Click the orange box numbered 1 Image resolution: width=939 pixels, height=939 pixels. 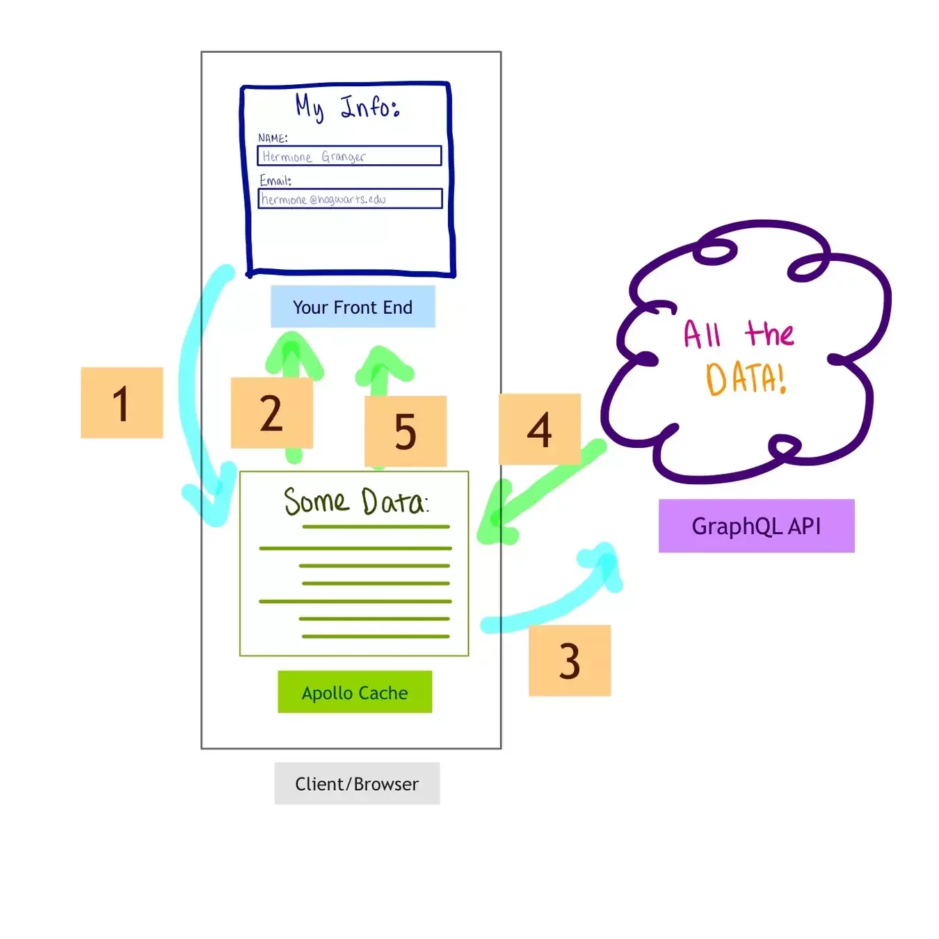(x=121, y=403)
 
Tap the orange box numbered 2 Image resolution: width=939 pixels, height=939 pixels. (x=271, y=412)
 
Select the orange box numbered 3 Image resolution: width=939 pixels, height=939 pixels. (x=569, y=660)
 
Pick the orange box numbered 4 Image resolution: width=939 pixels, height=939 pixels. (x=540, y=429)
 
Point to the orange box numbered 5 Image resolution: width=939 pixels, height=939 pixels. (x=406, y=431)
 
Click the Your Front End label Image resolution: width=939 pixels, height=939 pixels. (x=353, y=307)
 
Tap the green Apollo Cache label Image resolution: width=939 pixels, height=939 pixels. (x=355, y=692)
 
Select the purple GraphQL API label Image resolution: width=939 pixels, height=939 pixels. (x=756, y=526)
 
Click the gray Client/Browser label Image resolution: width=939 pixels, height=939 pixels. (x=358, y=784)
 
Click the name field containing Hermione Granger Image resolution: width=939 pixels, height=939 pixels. (x=349, y=156)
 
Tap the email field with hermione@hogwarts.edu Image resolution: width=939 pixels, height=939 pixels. (x=350, y=199)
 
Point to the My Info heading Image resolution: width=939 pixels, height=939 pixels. (x=348, y=107)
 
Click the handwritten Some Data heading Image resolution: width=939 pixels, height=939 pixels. (x=356, y=501)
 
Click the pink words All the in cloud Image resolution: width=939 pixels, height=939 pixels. (x=739, y=334)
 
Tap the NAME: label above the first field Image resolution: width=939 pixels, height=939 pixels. (x=273, y=138)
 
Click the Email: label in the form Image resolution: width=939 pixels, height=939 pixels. (x=275, y=180)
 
